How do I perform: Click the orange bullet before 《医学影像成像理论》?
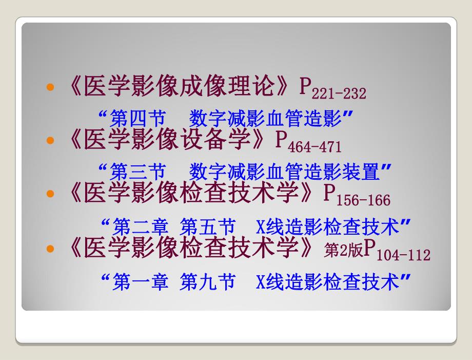coord(50,88)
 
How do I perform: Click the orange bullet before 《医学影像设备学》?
coord(50,140)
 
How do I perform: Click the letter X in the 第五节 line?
coord(260,227)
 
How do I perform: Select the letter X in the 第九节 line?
coord(260,282)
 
